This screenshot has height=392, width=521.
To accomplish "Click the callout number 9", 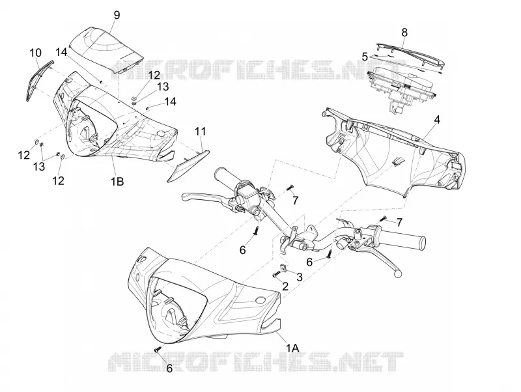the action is tap(117, 15).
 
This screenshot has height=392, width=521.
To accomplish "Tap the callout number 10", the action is tap(36, 53).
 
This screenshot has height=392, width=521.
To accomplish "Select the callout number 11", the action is tap(201, 132).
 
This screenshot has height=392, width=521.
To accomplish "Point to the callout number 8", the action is tap(404, 33).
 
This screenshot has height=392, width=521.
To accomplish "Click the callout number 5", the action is tap(365, 57).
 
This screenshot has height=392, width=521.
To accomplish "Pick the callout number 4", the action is tap(437, 119).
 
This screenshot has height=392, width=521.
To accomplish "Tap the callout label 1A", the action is tap(293, 348).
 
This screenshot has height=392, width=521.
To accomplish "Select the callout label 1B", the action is tap(117, 182).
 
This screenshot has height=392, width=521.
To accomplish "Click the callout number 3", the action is tap(300, 277).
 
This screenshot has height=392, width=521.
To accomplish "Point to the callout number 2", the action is tap(285, 286).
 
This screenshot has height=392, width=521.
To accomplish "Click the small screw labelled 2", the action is tap(275, 275).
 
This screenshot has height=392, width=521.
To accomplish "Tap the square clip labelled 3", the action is tap(284, 268).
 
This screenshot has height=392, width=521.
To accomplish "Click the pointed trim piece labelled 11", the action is tap(188, 166).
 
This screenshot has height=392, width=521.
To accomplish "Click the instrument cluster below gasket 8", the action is tap(400, 87).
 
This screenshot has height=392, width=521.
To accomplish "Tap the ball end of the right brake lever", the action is tap(397, 273).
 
